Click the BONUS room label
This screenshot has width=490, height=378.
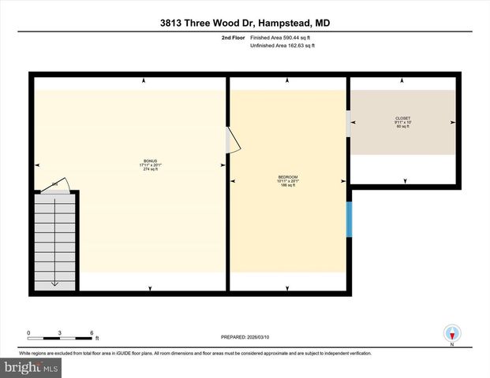(150, 160)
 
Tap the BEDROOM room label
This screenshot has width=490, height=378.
(288, 176)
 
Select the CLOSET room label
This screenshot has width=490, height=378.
(402, 118)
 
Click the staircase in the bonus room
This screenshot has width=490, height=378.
(55, 239)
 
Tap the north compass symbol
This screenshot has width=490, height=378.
(452, 334)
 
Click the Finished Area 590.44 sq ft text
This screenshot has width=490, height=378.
(282, 38)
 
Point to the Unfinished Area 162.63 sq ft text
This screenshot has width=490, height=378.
(282, 46)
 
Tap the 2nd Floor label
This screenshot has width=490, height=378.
(234, 38)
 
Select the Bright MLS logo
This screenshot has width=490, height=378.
(30, 367)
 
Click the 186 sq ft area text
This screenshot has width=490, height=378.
(288, 186)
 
